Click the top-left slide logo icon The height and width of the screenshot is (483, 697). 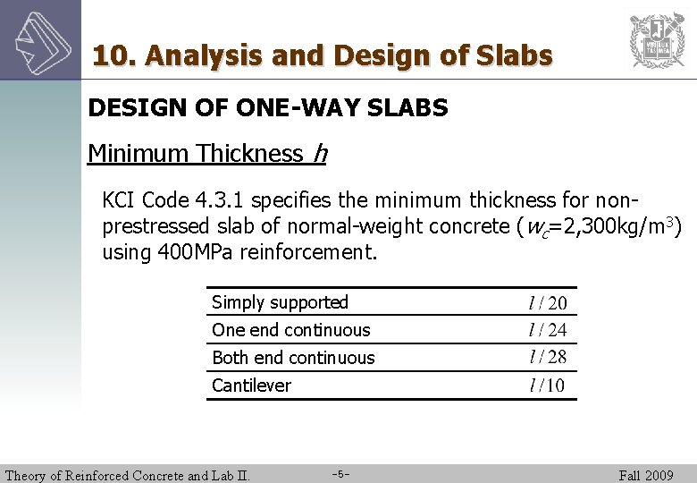[x=40, y=40]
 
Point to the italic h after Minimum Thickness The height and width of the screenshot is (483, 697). [x=319, y=154]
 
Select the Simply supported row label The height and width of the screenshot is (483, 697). [x=280, y=302]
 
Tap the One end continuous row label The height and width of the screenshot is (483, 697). [x=290, y=330]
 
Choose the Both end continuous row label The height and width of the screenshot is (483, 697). [x=293, y=358]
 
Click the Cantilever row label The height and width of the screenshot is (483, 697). [x=251, y=386]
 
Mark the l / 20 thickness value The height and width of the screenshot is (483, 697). [x=548, y=304]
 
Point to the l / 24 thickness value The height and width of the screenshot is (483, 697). [x=548, y=331]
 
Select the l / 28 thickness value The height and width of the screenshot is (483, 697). [x=548, y=358]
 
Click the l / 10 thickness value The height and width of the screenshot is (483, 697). [x=548, y=386]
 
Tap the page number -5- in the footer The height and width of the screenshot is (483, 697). [x=340, y=473]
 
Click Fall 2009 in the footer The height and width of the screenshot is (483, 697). [x=646, y=475]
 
